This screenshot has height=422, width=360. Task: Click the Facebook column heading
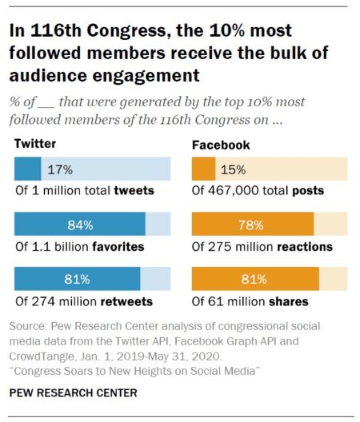(221, 145)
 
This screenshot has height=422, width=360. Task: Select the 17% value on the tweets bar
(60, 169)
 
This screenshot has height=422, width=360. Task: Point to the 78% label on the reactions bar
(252, 225)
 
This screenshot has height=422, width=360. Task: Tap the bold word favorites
(119, 247)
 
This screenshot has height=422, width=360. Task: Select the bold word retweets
(126, 301)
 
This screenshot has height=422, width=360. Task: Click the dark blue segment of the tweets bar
(28, 169)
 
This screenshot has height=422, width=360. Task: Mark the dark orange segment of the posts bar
(203, 169)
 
